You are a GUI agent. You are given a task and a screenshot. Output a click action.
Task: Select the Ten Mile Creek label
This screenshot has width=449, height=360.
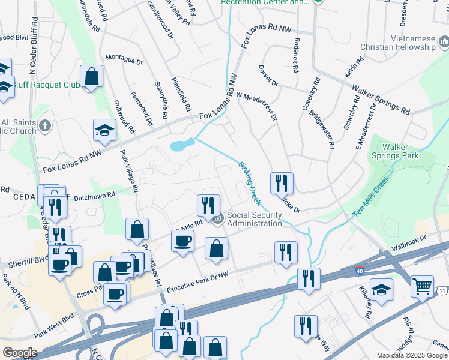372,196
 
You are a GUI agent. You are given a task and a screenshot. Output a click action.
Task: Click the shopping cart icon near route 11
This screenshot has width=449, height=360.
423,286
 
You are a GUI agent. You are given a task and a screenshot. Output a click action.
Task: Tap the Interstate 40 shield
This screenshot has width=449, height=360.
360,271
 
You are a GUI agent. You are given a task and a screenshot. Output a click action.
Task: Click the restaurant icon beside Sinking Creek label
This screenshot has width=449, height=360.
281,182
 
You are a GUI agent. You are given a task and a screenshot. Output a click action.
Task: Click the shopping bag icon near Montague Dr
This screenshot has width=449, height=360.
91,76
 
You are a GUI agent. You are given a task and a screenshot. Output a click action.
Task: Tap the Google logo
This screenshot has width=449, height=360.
19,353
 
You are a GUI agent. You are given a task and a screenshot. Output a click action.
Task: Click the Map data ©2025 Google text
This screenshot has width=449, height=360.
412,355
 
